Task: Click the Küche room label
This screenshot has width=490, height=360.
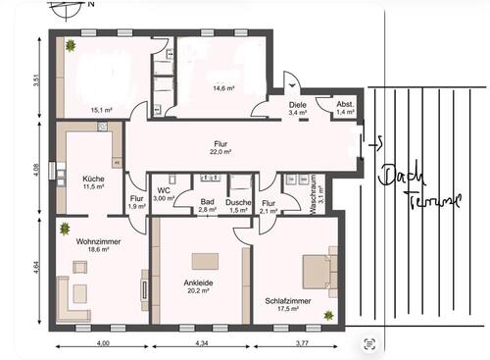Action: tap(94, 177)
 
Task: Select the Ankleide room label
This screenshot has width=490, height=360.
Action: tap(198, 282)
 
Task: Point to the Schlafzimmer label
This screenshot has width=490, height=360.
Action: tap(288, 300)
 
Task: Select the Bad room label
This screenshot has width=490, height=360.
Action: tap(208, 201)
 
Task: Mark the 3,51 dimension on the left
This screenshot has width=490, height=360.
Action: tap(36, 81)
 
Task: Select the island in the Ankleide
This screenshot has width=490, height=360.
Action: tap(205, 260)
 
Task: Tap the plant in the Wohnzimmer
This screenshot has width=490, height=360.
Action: tap(65, 229)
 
